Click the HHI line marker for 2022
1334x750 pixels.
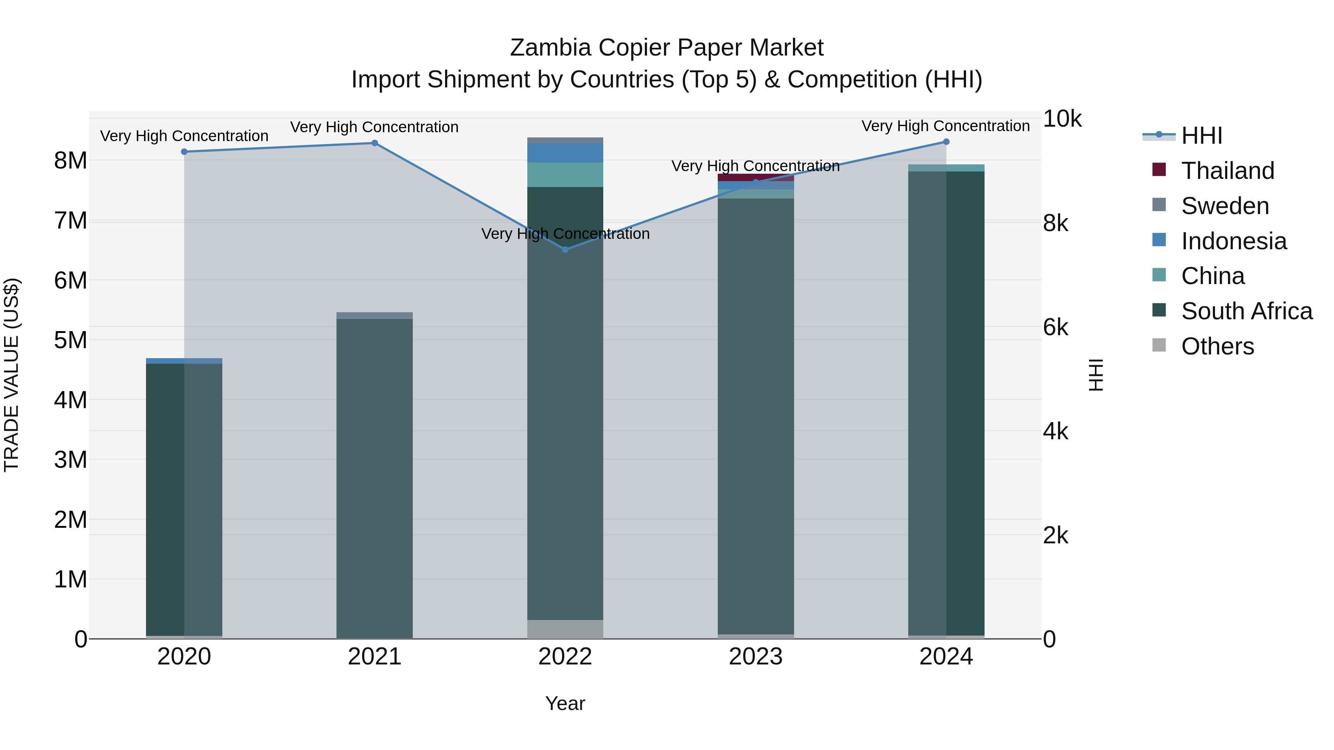[565, 250]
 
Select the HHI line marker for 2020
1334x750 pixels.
[185, 151]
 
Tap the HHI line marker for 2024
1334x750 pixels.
[946, 142]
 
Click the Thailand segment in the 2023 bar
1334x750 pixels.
[756, 177]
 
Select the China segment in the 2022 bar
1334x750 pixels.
[565, 174]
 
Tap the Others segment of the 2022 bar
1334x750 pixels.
[565, 629]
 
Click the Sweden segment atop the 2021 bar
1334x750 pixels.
[374, 315]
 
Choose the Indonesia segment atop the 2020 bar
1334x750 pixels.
[185, 361]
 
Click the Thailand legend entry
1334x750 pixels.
[1227, 170]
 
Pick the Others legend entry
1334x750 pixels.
[1217, 346]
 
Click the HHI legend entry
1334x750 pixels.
[1201, 136]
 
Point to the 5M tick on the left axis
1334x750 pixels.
[70, 340]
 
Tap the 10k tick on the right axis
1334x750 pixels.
[1062, 119]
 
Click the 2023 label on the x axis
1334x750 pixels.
[756, 657]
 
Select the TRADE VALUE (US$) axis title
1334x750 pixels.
[11, 375]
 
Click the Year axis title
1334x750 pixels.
[565, 703]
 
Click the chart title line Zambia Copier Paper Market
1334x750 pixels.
[667, 48]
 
